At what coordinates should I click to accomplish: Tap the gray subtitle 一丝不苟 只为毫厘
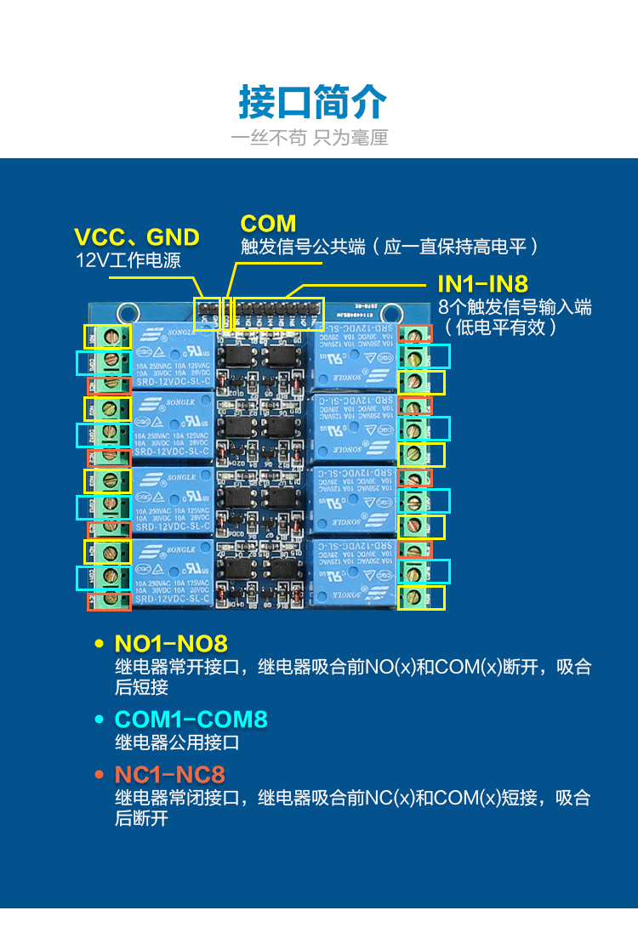(x=310, y=138)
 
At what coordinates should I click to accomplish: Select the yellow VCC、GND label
(x=137, y=237)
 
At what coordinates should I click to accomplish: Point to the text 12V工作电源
(x=128, y=260)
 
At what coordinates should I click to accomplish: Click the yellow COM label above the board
(x=268, y=224)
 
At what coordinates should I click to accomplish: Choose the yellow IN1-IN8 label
(x=482, y=284)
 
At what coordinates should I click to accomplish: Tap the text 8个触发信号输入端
(x=515, y=307)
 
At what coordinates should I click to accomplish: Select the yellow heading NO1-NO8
(x=171, y=644)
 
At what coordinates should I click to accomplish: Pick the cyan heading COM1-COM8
(x=191, y=720)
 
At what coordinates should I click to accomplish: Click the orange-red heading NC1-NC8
(x=170, y=775)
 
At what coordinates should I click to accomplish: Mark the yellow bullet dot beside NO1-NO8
(x=99, y=644)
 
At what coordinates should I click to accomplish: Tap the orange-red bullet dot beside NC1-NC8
(x=99, y=775)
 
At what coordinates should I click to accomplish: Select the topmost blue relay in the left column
(x=174, y=356)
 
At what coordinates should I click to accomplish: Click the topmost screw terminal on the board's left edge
(x=108, y=337)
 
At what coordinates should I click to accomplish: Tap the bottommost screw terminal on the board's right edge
(x=413, y=598)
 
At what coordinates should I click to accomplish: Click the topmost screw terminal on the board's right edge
(x=414, y=334)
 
